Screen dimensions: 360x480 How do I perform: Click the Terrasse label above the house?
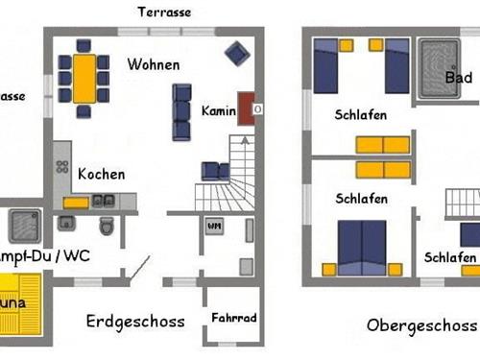tap(164, 12)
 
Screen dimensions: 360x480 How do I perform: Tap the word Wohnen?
tap(153, 65)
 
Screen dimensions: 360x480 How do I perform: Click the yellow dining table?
tap(84, 78)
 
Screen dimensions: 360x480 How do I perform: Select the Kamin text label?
tap(218, 111)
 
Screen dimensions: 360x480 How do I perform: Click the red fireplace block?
tap(246, 109)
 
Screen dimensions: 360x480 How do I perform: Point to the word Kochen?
tap(102, 175)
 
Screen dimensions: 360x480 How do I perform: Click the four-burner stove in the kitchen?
tap(62, 166)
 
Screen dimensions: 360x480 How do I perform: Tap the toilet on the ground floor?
tap(107, 227)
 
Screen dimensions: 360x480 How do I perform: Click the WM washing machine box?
tap(213, 227)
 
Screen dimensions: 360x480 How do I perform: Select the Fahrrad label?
tap(233, 318)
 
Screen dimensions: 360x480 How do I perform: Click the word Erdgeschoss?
tap(135, 322)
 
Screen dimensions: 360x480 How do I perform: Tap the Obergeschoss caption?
tap(421, 324)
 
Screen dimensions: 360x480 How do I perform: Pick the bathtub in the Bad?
tap(438, 69)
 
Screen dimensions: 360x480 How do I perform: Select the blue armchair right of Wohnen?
tap(234, 53)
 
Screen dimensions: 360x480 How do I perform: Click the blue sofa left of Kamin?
tap(181, 110)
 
